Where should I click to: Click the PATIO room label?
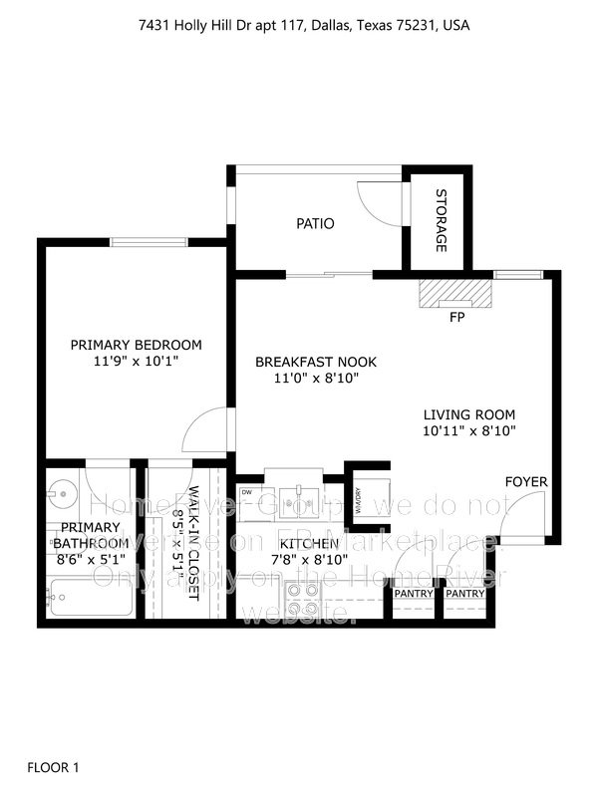pyautogui.click(x=315, y=224)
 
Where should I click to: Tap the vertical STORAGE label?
pyautogui.click(x=441, y=220)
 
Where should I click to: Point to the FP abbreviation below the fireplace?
pyautogui.click(x=457, y=319)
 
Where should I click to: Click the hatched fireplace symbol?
pyautogui.click(x=456, y=294)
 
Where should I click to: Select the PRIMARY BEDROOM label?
pyautogui.click(x=136, y=345)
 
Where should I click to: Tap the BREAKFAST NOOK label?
pyautogui.click(x=315, y=362)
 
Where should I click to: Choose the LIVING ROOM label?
pyautogui.click(x=469, y=414)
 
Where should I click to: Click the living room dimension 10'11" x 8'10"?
pyautogui.click(x=469, y=431)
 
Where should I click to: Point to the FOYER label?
pyautogui.click(x=526, y=482)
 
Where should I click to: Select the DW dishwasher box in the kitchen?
pyautogui.click(x=246, y=492)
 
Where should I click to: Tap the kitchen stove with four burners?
pyautogui.click(x=302, y=598)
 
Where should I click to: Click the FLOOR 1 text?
pyautogui.click(x=53, y=767)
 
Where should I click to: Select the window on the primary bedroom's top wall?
pyautogui.click(x=149, y=241)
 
